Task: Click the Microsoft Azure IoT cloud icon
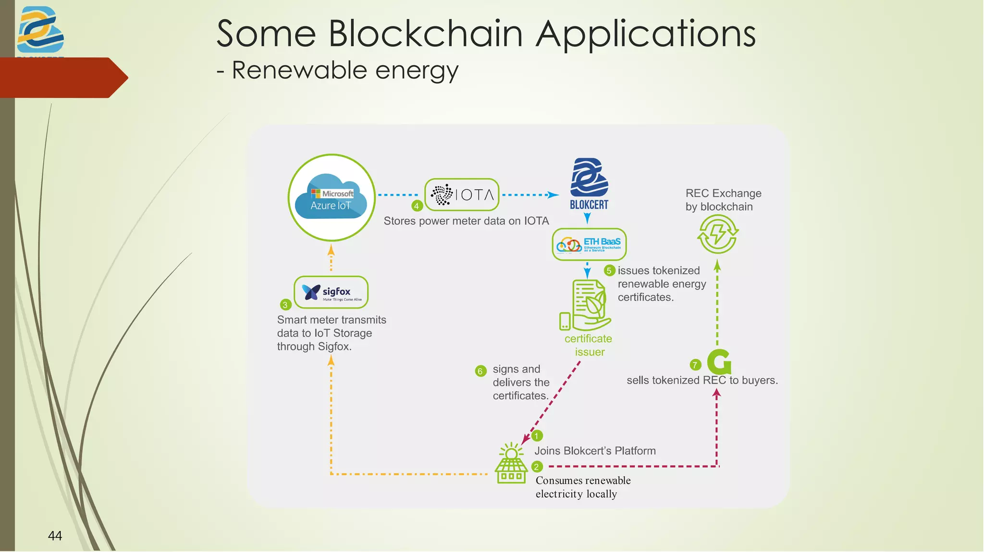click(332, 198)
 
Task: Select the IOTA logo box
click(462, 195)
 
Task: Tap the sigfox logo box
click(331, 292)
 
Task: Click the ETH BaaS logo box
click(589, 244)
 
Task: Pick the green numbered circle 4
click(417, 206)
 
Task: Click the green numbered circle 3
click(285, 305)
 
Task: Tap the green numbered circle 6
click(480, 371)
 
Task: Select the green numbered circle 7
click(695, 365)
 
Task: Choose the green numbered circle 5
click(609, 271)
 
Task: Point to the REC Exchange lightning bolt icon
click(718, 234)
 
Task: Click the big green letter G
click(719, 362)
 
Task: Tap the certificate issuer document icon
click(586, 305)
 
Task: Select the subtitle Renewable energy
click(344, 70)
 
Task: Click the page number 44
click(55, 536)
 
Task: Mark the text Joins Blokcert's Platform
click(595, 451)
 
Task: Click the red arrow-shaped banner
click(62, 78)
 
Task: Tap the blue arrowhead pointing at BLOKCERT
click(554, 195)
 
